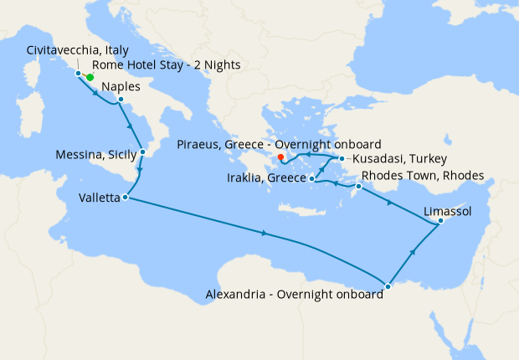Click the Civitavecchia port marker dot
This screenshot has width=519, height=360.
click(79, 74)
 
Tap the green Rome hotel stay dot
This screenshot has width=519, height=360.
click(90, 77)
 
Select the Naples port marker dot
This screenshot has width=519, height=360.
click(121, 100)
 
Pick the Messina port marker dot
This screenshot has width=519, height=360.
click(143, 152)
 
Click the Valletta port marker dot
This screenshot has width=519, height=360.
click(125, 198)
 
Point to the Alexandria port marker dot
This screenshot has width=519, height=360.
click(387, 287)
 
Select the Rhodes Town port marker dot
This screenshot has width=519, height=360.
click(358, 186)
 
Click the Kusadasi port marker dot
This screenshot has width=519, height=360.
click(342, 158)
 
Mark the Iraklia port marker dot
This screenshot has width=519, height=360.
click(311, 178)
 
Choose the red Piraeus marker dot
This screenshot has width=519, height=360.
click(281, 157)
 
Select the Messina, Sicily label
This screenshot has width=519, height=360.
click(95, 155)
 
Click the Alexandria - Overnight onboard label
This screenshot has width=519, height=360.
click(294, 294)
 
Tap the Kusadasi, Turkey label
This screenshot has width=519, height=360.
click(398, 158)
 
